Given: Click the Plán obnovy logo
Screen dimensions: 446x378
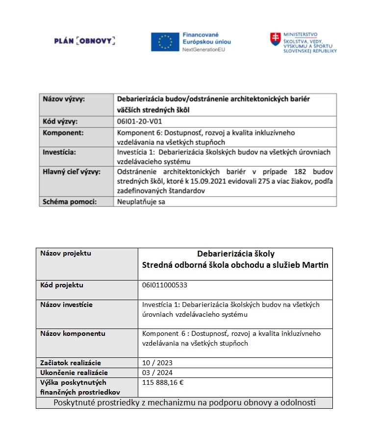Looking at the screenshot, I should tap(85, 41).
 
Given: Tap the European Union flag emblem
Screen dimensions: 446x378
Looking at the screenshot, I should tap(165, 42).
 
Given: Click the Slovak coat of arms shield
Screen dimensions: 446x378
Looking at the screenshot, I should tap(276, 40).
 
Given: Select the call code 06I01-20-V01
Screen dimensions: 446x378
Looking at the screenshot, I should tap(138, 122).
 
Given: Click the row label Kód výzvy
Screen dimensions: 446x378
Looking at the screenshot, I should tap(61, 122).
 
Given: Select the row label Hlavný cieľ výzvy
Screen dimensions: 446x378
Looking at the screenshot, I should tap(72, 172).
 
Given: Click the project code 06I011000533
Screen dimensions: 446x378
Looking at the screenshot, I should tap(165, 285).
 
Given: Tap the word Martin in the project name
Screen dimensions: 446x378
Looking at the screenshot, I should tap(316, 265).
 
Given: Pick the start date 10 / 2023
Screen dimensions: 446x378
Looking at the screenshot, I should tap(157, 363).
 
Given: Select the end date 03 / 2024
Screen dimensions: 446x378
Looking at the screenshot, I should tap(157, 373).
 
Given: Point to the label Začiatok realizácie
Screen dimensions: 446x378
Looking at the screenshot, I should tap(71, 363).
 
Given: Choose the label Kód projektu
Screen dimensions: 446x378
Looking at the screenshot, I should tap(62, 285).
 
